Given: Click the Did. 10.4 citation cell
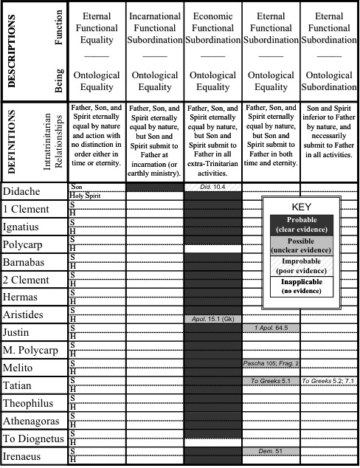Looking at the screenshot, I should tap(213, 187).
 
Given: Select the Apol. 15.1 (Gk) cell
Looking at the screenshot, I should tap(213, 319).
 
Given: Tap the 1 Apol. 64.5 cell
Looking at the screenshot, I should tap(271, 328).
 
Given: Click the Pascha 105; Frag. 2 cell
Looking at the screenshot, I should tap(271, 363).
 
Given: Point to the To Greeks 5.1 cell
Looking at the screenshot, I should tap(271, 381).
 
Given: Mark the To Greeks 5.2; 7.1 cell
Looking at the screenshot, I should tap(329, 381).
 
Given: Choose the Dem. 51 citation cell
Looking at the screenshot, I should tap(271, 451).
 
